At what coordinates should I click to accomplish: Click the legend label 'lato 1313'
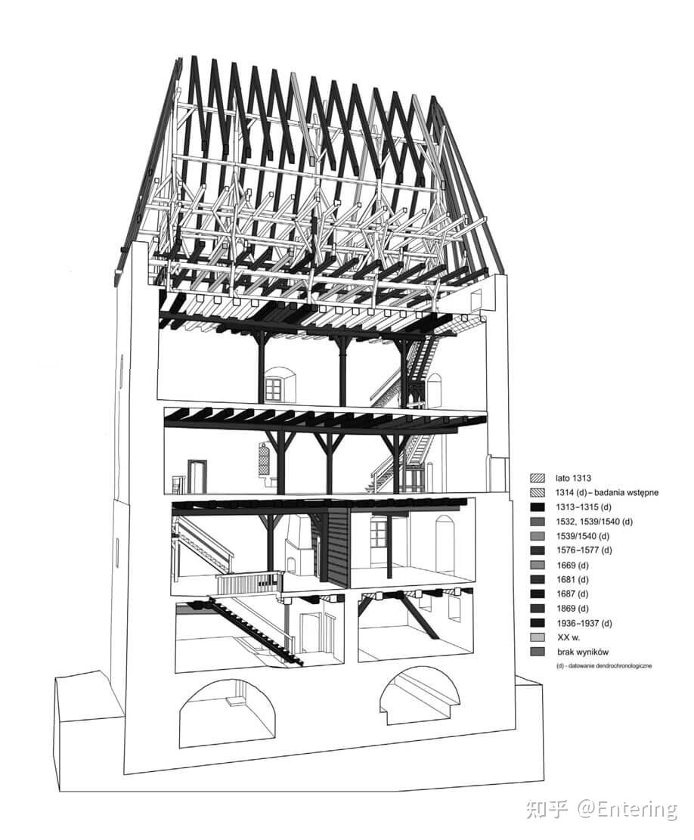(573, 478)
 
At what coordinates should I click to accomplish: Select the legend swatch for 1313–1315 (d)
(537, 507)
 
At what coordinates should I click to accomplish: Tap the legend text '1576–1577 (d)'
(584, 550)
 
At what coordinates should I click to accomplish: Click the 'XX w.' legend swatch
(537, 637)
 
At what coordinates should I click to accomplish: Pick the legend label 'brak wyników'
(583, 652)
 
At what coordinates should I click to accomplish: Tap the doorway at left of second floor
(197, 477)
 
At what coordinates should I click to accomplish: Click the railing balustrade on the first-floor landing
(249, 582)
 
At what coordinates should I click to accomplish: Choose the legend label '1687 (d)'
(572, 594)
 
